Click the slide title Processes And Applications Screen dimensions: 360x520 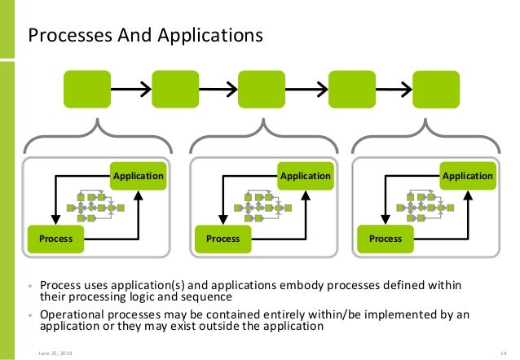tap(146, 35)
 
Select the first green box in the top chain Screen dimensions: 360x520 tap(87, 89)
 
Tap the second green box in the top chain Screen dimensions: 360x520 tap(174, 89)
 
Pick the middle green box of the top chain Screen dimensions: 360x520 tap(262, 89)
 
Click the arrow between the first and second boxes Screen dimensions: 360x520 tap(130, 89)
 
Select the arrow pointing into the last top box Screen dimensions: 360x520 tap(394, 89)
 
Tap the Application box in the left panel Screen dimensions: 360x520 tap(138, 176)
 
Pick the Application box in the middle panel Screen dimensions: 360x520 tap(305, 176)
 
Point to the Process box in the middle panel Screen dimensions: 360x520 tap(223, 239)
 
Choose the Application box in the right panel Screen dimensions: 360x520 tap(467, 176)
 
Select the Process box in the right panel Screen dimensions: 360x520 tap(386, 239)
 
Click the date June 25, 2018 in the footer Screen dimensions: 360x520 tap(48, 352)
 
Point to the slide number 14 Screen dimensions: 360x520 tap(503, 352)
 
